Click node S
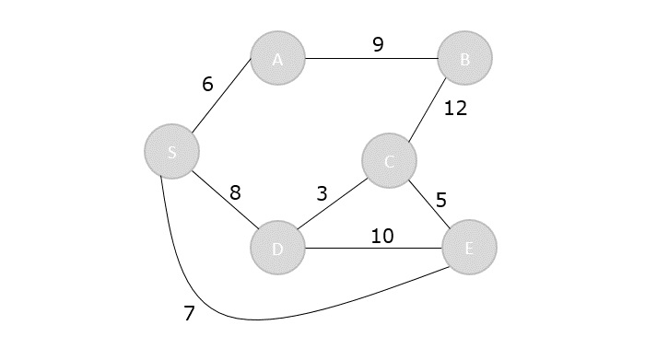(171, 152)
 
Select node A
(277, 59)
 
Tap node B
(465, 59)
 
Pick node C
(390, 162)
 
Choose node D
(277, 248)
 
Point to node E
(469, 247)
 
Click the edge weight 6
(208, 84)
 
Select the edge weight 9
(378, 43)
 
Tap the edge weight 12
(455, 109)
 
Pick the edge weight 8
(235, 192)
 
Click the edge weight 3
(322, 193)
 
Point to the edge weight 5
(440, 200)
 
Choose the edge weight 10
(382, 236)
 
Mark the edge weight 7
(189, 313)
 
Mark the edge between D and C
(334, 205)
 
